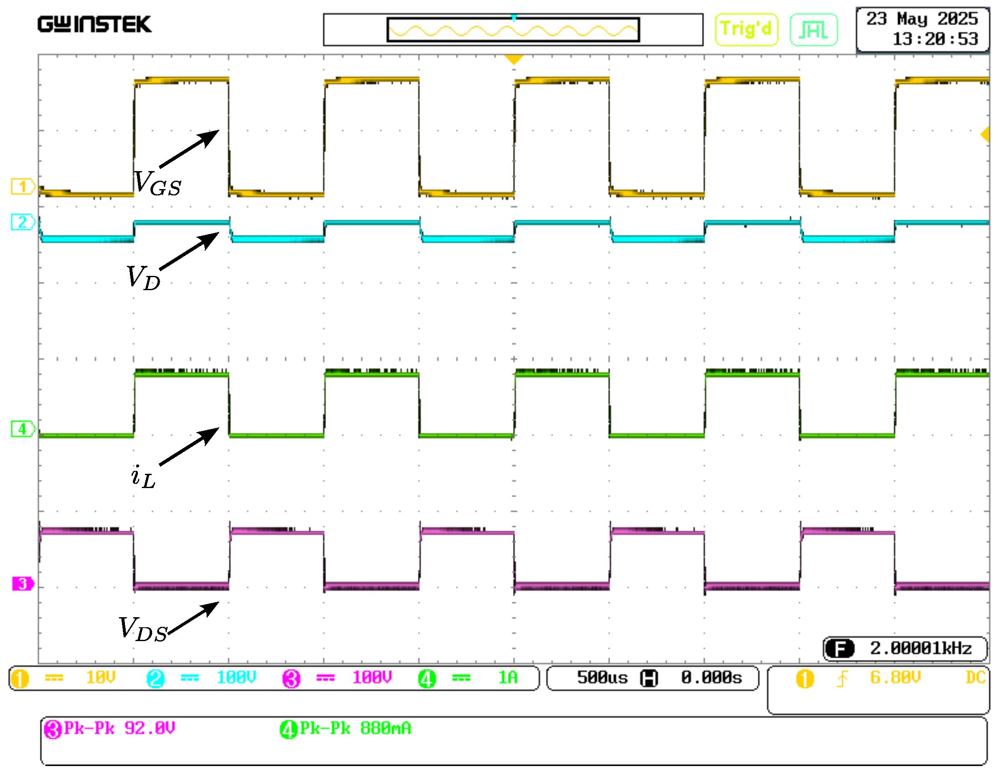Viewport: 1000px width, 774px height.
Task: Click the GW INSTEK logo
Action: pos(94,24)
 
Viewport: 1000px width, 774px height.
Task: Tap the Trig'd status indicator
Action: pos(746,29)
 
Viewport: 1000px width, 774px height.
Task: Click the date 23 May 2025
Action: pos(922,19)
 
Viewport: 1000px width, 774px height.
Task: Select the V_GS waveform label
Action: pos(158,184)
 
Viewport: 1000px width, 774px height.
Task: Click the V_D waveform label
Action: pos(143,278)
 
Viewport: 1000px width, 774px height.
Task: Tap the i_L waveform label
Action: pos(143,477)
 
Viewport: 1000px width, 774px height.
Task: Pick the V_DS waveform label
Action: pos(143,629)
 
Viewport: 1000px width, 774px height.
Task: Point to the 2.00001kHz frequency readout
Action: pos(920,649)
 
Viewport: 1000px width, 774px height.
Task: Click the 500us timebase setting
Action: pos(602,678)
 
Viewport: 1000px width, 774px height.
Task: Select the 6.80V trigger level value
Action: pos(895,678)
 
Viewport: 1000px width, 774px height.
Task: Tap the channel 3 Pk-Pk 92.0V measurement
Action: pos(110,729)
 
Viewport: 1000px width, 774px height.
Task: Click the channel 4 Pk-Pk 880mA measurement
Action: pos(346,729)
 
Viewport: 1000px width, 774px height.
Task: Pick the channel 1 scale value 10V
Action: pos(101,678)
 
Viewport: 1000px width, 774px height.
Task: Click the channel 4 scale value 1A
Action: pos(507,678)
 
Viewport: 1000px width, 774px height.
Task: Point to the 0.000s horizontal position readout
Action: pos(711,678)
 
